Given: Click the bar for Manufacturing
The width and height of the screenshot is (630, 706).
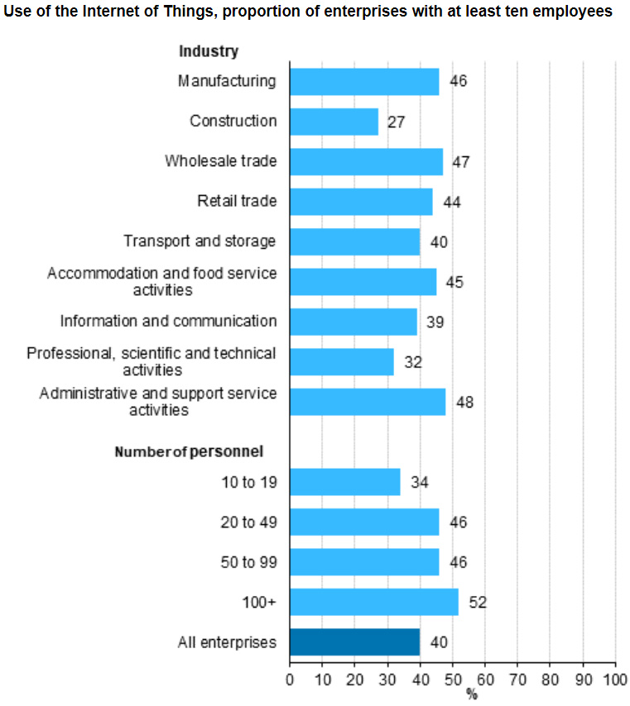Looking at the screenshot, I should pos(364,81).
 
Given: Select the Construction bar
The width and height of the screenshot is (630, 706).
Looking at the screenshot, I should pos(334,122).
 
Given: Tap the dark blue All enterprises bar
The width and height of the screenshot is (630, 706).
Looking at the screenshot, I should pos(354,642).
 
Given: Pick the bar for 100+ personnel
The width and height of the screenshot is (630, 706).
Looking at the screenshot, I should pos(373,602).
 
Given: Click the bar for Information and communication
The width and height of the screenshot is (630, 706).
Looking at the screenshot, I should pos(353,322).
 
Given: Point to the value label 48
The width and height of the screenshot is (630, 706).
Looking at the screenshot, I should pos(464,403).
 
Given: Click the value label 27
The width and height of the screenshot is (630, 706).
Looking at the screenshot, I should pos(396,122).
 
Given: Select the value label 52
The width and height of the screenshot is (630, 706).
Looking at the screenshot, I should pos(478,603).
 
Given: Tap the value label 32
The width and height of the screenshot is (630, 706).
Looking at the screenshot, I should pos(412,362).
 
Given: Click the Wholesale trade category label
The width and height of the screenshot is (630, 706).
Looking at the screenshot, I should pos(220,160).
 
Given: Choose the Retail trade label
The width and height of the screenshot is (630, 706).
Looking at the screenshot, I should pos(237,201).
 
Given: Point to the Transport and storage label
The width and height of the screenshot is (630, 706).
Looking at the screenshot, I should pos(200,241).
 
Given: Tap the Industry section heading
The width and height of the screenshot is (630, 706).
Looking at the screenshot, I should pos(209,51).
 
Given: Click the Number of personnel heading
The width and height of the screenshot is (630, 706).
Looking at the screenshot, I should pos(189,451).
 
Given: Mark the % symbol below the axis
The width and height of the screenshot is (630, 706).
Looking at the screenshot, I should pos(472,694).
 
